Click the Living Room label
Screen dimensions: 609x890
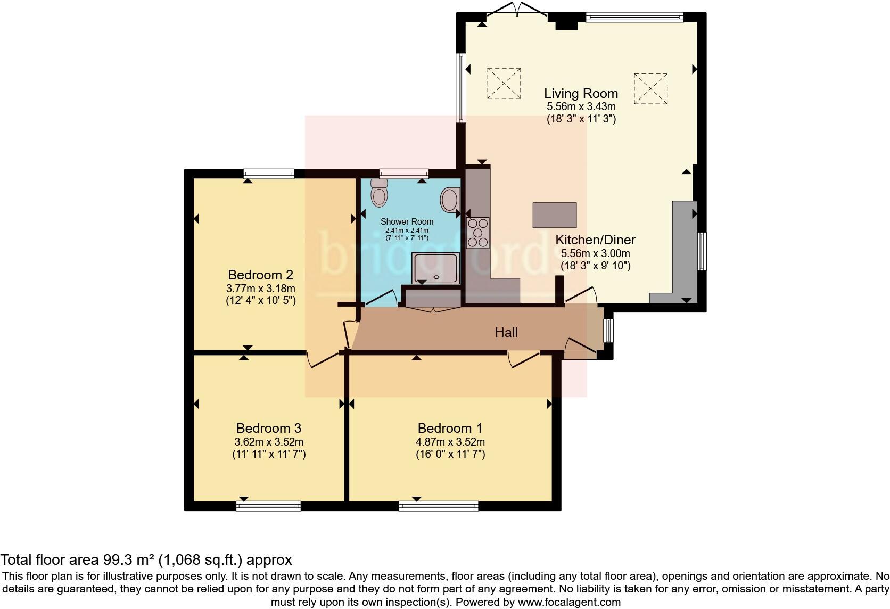click(x=581, y=94)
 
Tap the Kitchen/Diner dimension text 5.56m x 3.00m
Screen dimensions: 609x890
click(x=596, y=253)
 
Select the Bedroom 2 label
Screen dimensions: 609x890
click(x=260, y=275)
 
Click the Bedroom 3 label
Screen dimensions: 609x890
click(x=268, y=428)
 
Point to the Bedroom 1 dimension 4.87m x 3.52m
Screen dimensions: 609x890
click(x=450, y=442)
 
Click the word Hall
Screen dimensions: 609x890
click(x=506, y=333)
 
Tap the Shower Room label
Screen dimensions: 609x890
click(x=407, y=221)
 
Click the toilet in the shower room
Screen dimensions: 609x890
click(x=379, y=193)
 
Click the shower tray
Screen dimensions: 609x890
click(x=434, y=268)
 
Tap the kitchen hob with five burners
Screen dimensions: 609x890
click(x=477, y=233)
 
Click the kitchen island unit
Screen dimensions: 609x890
click(x=554, y=215)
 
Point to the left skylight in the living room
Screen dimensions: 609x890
click(x=504, y=83)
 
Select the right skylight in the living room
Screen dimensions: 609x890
click(x=650, y=89)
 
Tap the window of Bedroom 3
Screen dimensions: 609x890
click(x=268, y=506)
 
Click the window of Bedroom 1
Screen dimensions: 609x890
click(x=439, y=506)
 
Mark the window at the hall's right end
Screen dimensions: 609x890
click(x=608, y=331)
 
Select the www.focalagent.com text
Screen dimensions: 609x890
click(x=568, y=603)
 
